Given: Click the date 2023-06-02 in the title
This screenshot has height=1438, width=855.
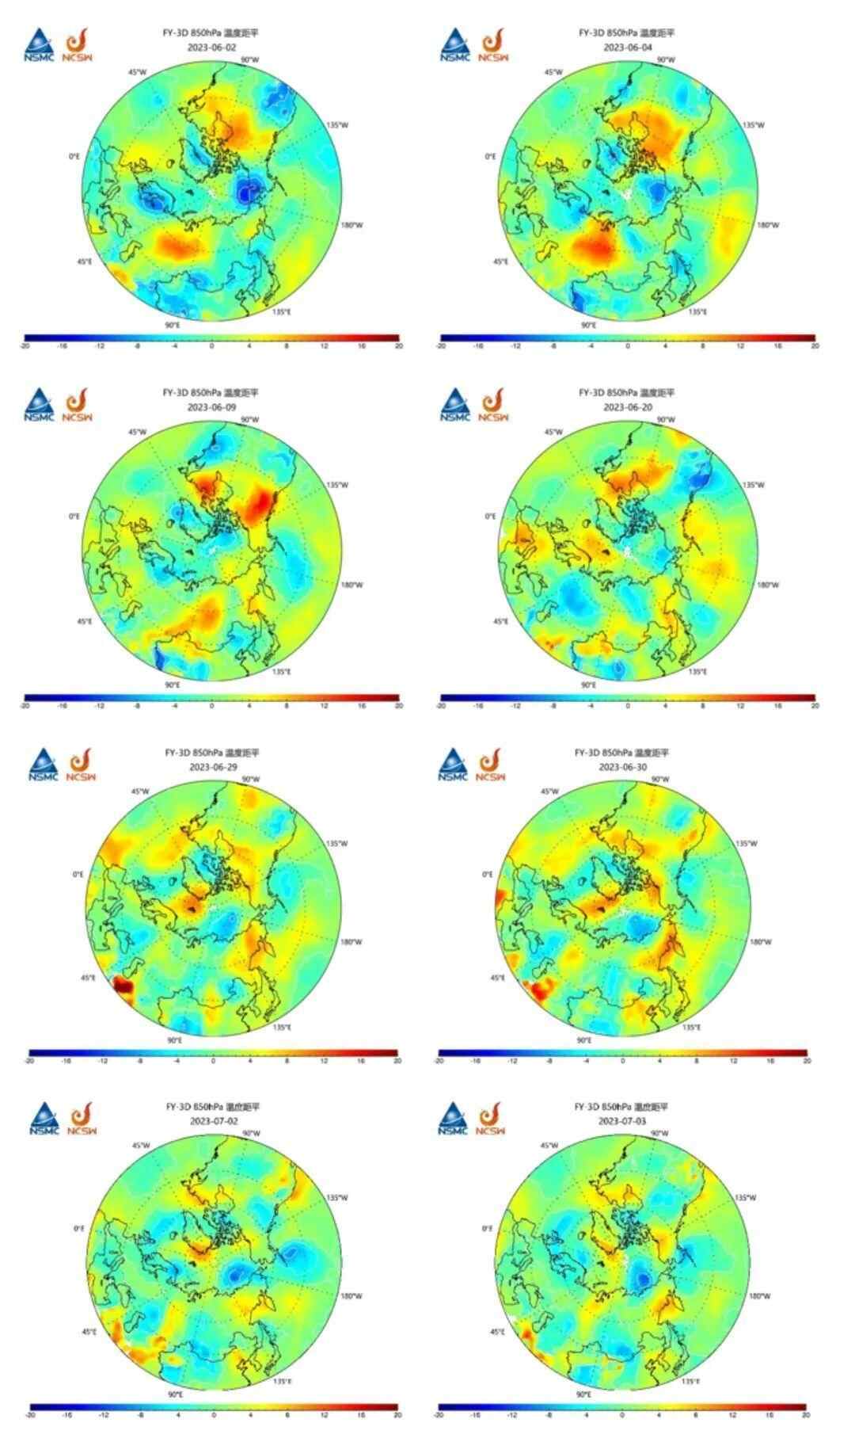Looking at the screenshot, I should point(211,48).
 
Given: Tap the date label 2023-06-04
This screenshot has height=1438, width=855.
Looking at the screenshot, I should point(627,48).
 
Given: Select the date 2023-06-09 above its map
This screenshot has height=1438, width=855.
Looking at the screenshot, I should point(211,406).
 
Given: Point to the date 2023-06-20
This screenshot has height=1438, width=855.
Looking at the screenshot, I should point(627,406).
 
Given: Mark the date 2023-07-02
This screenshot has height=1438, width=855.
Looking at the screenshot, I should point(211,1121).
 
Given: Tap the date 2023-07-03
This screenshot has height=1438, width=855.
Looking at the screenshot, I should point(621,1121).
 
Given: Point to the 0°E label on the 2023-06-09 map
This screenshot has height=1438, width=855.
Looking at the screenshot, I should point(74,516).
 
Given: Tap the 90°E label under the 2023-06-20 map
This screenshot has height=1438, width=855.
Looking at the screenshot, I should point(588,685).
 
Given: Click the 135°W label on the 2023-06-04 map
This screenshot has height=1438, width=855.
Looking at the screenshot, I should point(754,125).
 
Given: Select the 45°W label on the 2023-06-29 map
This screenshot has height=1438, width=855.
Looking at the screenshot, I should point(139,791).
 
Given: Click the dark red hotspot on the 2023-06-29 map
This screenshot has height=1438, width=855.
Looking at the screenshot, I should point(123,986).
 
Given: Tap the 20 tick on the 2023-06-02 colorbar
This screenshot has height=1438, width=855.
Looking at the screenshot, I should point(398,346).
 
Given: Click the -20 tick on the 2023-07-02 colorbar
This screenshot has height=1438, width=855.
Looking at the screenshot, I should point(30,1415).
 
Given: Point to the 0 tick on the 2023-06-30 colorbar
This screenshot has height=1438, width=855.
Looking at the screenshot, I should point(622,1060).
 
